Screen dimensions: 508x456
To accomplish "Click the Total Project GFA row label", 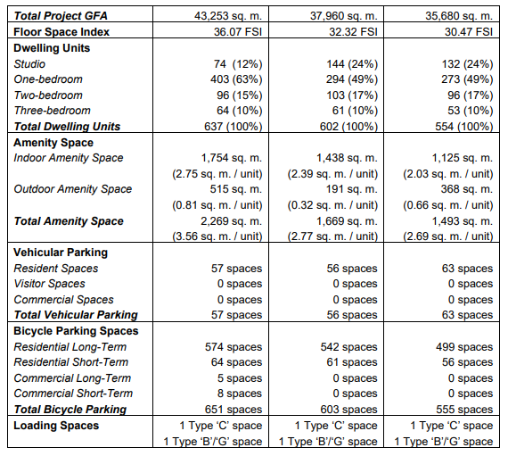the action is point(61,16).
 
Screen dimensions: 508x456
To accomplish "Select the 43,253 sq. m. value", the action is point(228,16).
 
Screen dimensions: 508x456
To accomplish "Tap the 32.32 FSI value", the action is point(353,32).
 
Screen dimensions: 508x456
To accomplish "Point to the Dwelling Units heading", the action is point(52,48).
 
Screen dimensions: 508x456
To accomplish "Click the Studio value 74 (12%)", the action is point(238,64).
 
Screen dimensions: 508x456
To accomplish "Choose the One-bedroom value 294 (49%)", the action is point(352,79).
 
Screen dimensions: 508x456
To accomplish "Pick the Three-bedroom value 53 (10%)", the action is point(470,111).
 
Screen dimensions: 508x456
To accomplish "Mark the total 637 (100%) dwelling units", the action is point(233,126).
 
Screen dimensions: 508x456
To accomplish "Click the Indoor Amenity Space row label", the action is point(69,158).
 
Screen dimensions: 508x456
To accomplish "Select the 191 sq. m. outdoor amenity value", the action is point(351,189).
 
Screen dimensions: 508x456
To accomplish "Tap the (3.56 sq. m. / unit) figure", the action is point(217,236).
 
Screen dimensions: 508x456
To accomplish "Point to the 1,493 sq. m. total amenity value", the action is point(463,221).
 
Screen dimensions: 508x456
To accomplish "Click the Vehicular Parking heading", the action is point(61,253).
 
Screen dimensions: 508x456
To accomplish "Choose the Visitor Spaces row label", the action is point(49,284).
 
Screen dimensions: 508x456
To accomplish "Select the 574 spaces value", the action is point(234,347).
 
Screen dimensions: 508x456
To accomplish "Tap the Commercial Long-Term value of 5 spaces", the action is point(240,378).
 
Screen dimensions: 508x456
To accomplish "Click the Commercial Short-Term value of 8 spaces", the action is point(240,394).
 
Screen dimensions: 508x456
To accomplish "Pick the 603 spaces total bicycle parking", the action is point(349,410).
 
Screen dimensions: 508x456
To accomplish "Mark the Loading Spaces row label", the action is point(56,426).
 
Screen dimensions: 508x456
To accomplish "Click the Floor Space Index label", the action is point(61,32).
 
